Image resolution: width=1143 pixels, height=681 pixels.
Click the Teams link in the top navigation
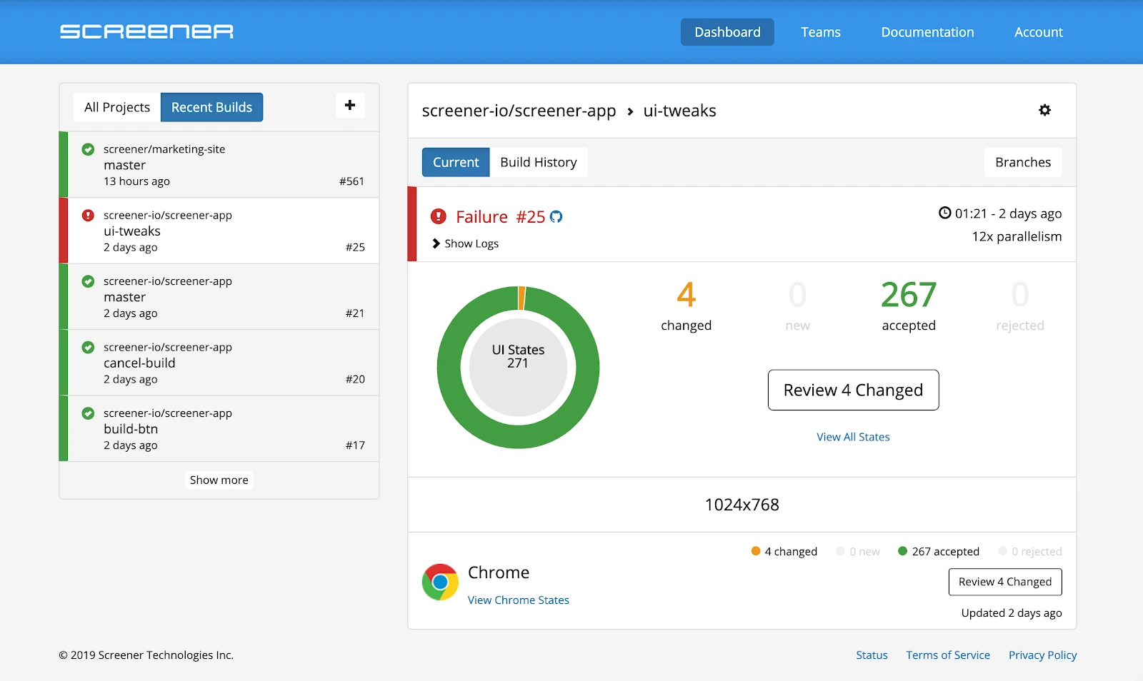(x=820, y=32)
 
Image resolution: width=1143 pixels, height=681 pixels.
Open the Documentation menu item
(x=927, y=32)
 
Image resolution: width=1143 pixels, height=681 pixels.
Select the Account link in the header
(x=1038, y=32)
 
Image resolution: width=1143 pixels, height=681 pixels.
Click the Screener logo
(x=146, y=31)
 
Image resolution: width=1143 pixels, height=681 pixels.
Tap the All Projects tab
(x=117, y=107)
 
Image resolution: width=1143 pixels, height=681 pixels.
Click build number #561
(x=351, y=181)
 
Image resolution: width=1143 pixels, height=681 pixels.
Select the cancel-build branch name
(x=139, y=363)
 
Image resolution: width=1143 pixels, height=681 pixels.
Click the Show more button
(x=219, y=480)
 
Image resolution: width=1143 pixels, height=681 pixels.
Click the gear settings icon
(x=1044, y=110)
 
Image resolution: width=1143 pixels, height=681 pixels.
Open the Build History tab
(x=538, y=162)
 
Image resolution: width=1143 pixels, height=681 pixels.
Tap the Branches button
(x=1022, y=162)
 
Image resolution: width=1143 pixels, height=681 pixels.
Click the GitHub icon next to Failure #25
(x=556, y=217)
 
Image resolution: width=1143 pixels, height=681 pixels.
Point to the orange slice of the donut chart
(x=521, y=298)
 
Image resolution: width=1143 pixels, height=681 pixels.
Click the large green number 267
(x=908, y=295)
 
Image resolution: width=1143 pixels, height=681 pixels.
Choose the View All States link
(x=853, y=437)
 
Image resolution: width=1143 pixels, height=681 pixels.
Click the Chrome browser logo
(x=440, y=582)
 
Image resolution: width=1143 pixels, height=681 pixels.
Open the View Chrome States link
(x=518, y=600)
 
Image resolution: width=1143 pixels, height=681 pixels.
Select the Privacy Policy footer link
(x=1042, y=655)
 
